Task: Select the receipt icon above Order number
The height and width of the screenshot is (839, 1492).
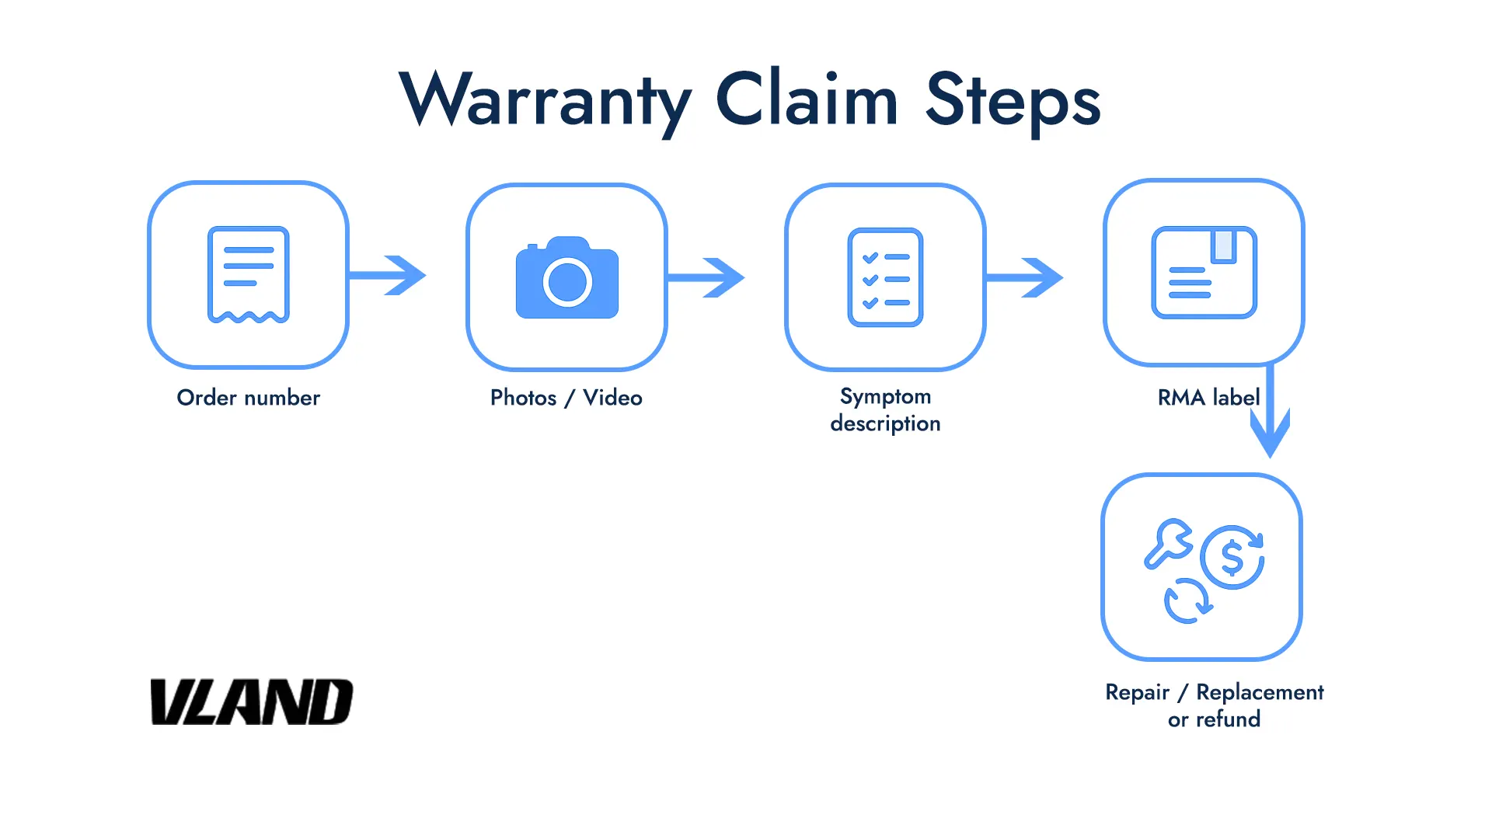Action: click(249, 274)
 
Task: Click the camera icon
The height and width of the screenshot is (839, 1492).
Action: click(567, 278)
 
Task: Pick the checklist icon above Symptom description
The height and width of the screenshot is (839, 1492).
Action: click(885, 277)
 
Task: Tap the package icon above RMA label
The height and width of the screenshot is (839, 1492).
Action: click(1204, 273)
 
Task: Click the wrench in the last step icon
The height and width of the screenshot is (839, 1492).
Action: click(1167, 543)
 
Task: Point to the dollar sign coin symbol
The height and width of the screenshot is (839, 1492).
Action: click(1232, 557)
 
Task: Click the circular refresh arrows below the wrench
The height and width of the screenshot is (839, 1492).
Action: click(1187, 601)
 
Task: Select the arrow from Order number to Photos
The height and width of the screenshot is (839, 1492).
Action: click(389, 275)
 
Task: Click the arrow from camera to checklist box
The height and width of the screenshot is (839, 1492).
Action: click(707, 277)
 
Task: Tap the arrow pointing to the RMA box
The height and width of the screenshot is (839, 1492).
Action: click(1026, 277)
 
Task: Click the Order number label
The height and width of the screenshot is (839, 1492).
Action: click(249, 398)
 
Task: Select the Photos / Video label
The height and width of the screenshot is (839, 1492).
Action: click(566, 398)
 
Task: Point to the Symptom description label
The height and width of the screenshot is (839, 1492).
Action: click(885, 409)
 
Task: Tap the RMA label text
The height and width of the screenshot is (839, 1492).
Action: click(1208, 398)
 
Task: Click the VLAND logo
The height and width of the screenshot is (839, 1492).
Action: click(251, 702)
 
